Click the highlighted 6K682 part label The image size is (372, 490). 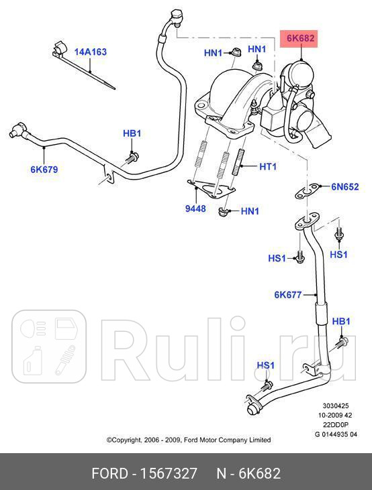(300, 38)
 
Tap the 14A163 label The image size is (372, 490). (90, 52)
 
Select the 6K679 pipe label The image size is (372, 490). (44, 170)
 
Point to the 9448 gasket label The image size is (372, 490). (196, 209)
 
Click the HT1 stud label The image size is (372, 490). (267, 166)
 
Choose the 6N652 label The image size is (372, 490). (345, 187)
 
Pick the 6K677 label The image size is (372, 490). (288, 294)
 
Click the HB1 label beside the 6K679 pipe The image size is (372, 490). (132, 133)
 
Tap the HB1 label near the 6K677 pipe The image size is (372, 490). (341, 322)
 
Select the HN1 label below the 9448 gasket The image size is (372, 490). (250, 211)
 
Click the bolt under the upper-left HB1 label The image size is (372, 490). (132, 158)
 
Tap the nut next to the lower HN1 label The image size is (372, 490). (224, 213)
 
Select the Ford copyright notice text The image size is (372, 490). (189, 440)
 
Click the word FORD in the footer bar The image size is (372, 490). (110, 474)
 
